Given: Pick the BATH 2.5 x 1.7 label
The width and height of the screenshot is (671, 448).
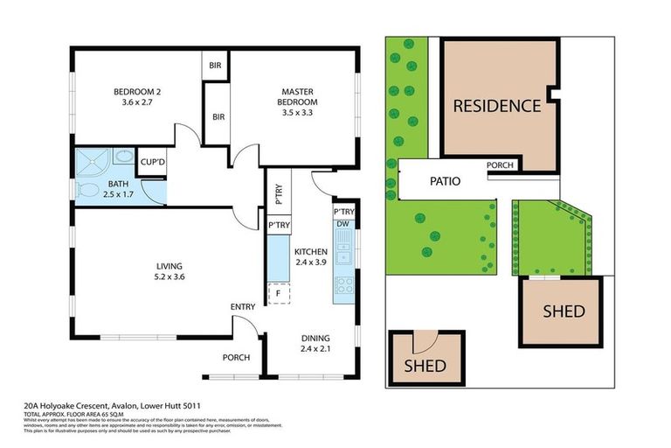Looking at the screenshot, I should [119, 188].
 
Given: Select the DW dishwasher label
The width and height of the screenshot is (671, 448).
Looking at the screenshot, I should [343, 224].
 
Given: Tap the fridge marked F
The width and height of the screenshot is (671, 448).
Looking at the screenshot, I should [279, 294].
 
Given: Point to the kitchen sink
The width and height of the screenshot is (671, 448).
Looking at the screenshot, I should [344, 255].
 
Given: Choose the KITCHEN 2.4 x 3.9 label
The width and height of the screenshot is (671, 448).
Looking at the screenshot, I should [310, 255].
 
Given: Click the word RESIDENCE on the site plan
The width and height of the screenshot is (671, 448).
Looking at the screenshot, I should [495, 106].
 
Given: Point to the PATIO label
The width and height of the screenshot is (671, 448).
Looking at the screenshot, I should [445, 182].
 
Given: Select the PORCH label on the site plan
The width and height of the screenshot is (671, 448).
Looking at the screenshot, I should [500, 165].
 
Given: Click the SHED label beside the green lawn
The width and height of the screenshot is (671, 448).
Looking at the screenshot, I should [564, 311].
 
